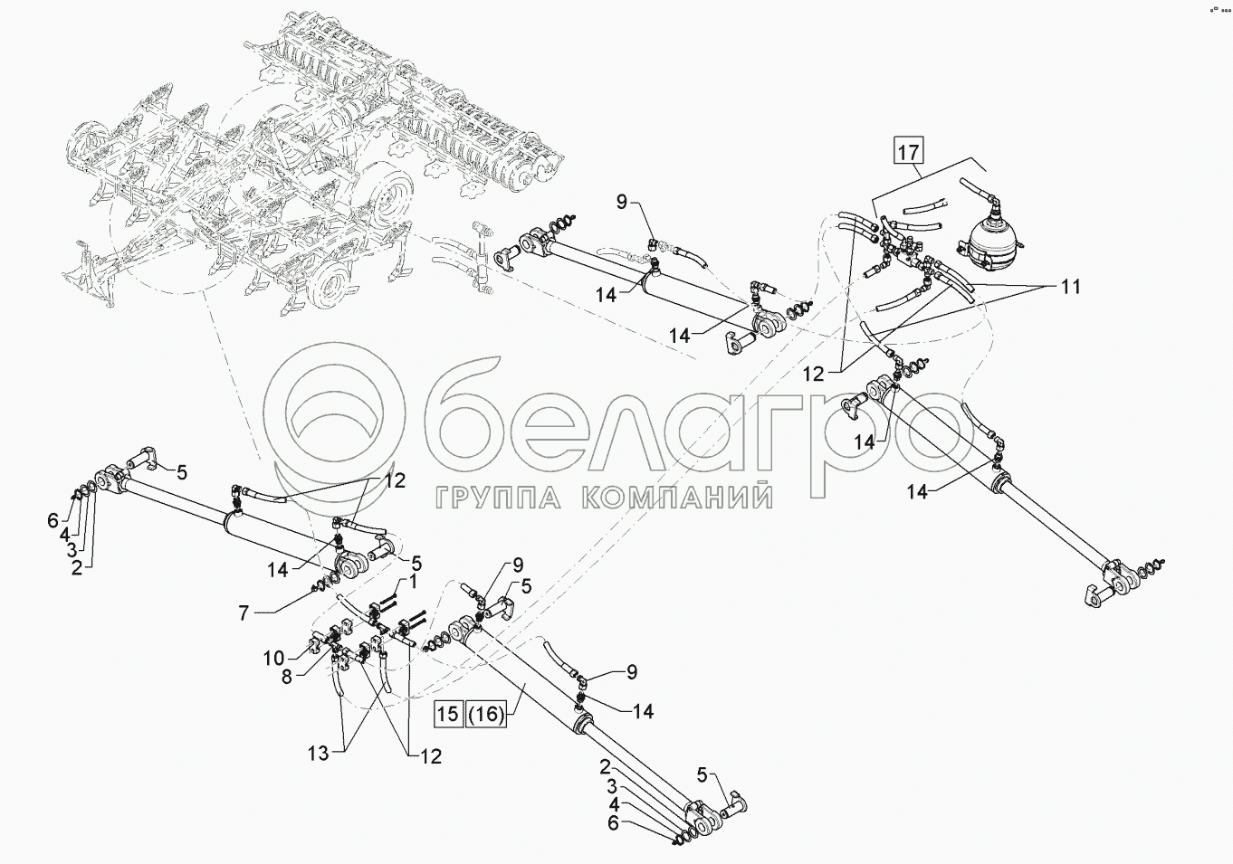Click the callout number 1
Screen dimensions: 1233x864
click(413, 580)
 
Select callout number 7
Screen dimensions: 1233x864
click(243, 613)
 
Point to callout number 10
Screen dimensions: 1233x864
click(274, 657)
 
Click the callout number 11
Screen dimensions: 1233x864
click(1070, 287)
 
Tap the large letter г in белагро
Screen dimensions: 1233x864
click(729, 430)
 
